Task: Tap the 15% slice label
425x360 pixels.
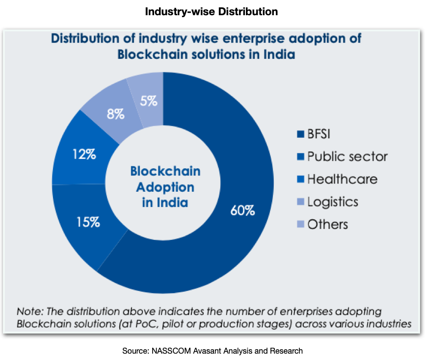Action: [88, 222]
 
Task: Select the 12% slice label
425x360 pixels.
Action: [83, 154]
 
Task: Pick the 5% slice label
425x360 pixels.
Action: [148, 102]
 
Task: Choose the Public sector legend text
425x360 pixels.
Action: [347, 156]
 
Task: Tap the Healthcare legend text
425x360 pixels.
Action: [342, 179]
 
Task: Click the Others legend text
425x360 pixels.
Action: [327, 224]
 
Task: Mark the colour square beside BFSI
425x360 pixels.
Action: [301, 134]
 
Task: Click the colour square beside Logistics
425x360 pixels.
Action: [301, 202]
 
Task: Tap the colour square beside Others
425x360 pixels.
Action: [301, 225]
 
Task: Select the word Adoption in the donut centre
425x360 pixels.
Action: [165, 187]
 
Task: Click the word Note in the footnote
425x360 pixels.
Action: [28, 311]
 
